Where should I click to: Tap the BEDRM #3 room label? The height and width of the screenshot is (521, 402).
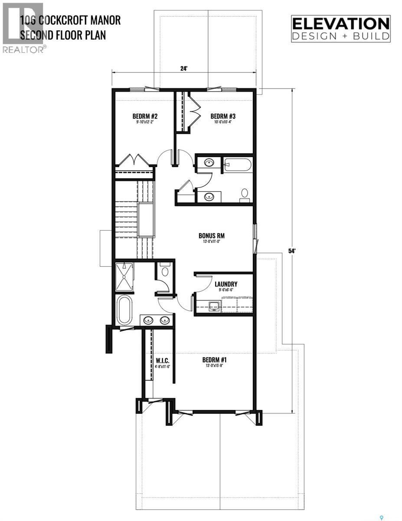(223, 116)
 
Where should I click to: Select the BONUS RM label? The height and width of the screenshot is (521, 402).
(212, 236)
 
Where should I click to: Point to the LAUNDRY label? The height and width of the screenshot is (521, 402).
(226, 284)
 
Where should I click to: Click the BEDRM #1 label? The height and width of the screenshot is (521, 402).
(215, 360)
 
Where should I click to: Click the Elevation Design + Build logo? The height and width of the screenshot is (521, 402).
(340, 29)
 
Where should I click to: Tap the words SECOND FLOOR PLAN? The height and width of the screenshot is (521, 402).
(63, 35)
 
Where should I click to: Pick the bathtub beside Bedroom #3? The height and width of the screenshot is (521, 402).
(237, 165)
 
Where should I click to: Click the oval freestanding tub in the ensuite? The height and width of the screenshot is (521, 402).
(124, 310)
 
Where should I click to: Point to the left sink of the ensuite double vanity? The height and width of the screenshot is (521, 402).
(148, 320)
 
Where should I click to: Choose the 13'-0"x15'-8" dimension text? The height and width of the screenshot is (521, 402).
(215, 366)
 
